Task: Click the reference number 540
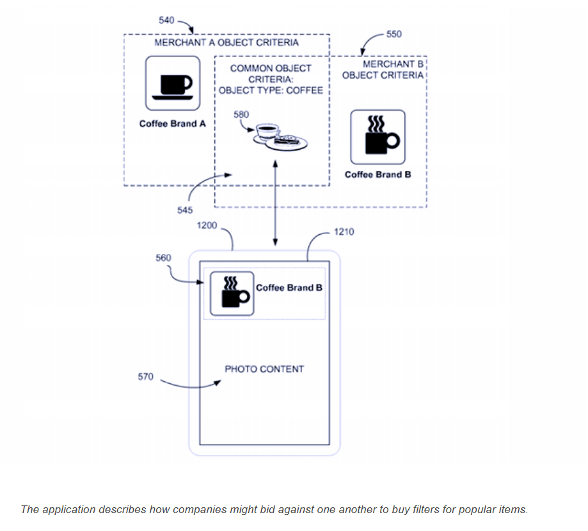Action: coord(166,20)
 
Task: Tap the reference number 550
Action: coord(394,33)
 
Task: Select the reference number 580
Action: coord(242,115)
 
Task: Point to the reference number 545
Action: coord(186,210)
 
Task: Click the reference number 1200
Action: coord(207,226)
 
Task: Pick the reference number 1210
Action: coord(344,232)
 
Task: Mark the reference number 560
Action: coord(163,258)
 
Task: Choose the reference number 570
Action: coord(146,377)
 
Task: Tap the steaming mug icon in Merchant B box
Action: coord(377,137)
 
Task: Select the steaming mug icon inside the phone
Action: coord(232,293)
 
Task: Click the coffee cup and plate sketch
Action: coord(279,136)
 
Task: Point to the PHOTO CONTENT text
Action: coord(264,369)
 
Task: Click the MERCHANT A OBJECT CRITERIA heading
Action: coord(226,43)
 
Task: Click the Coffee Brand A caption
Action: coord(173,123)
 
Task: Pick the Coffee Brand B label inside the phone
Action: coord(289,288)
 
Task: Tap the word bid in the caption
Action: coord(243,510)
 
